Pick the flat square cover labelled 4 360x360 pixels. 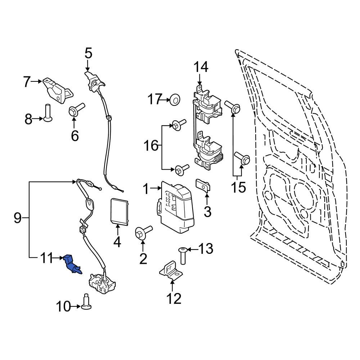[119, 212]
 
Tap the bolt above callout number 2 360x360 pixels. [143, 231]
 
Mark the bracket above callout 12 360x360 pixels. [170, 271]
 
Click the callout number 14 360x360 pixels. [201, 67]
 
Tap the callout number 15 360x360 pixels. [238, 187]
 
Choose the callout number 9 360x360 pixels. [17, 218]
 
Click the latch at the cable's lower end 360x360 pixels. [102, 284]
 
